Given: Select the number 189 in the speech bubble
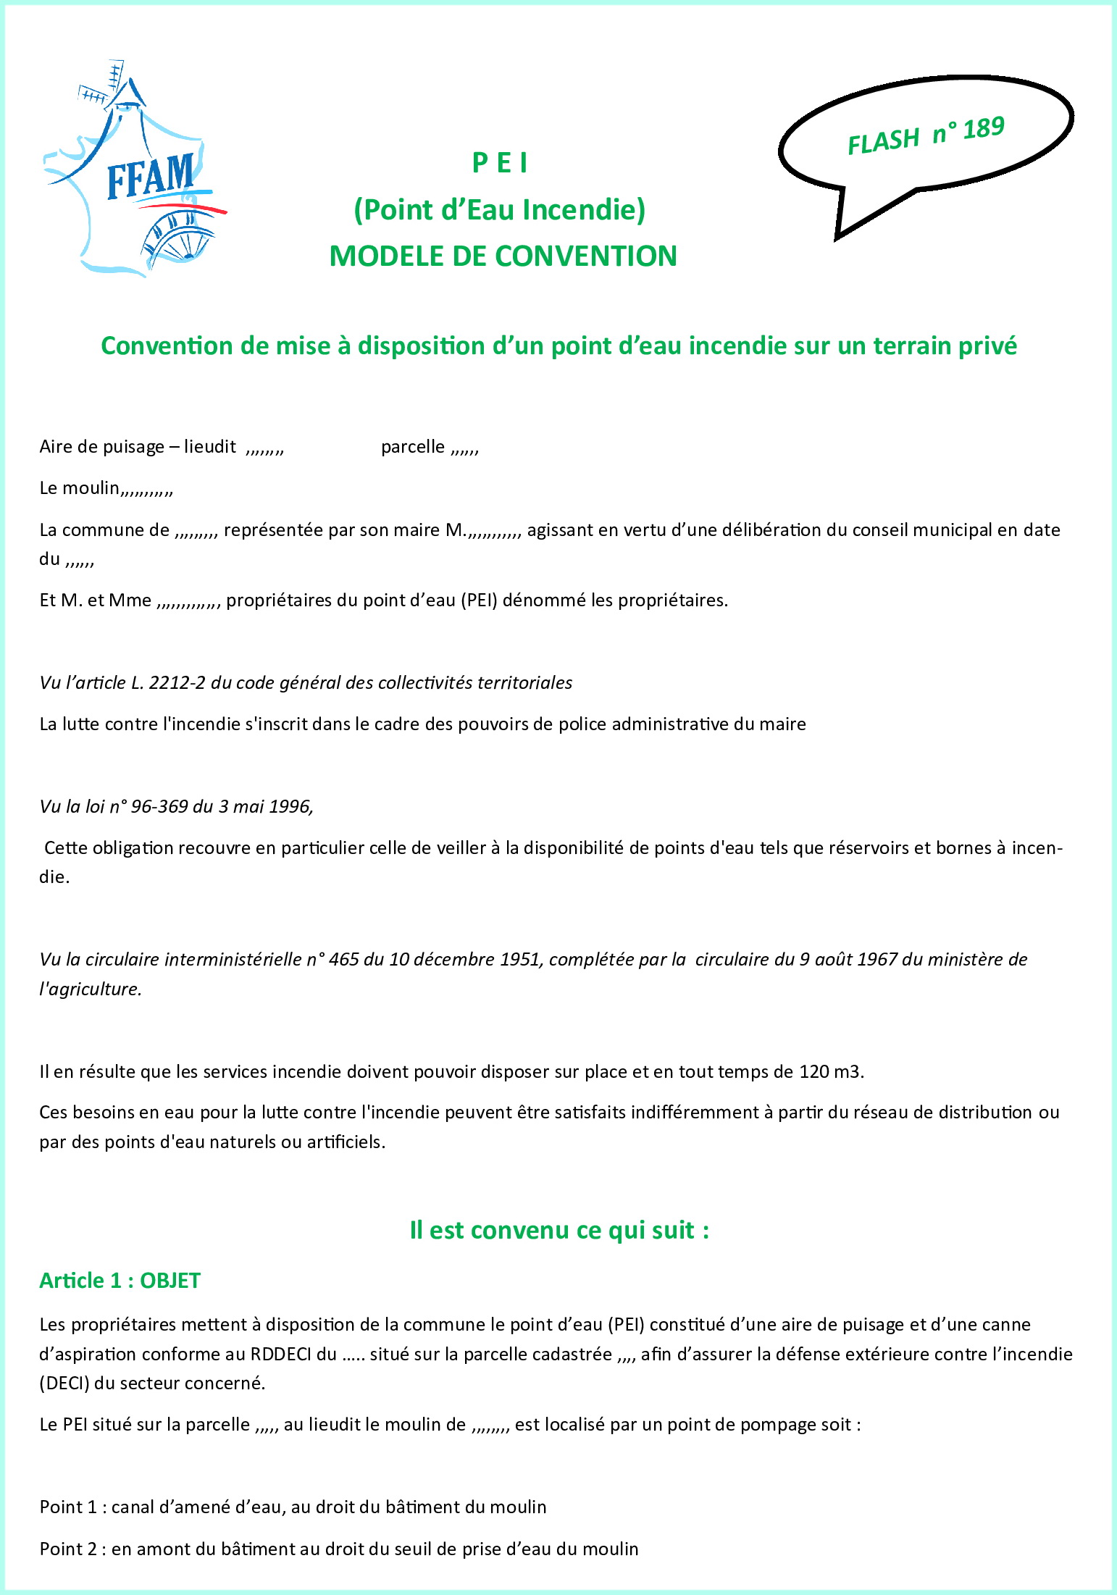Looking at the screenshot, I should point(983,129).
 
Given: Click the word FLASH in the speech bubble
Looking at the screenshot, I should point(884,141).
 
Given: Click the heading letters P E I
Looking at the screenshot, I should point(500,164).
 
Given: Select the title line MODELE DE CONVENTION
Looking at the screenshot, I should point(503,256).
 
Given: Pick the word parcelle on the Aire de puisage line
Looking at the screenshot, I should point(413,447).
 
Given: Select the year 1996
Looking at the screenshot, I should point(290,807).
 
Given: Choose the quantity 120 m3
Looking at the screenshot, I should point(830,1072).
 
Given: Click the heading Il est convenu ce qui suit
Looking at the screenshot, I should point(558,1231).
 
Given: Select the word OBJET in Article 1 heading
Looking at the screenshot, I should point(170,1281).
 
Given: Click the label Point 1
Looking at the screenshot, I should point(68,1507).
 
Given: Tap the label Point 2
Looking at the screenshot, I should point(68,1549).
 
